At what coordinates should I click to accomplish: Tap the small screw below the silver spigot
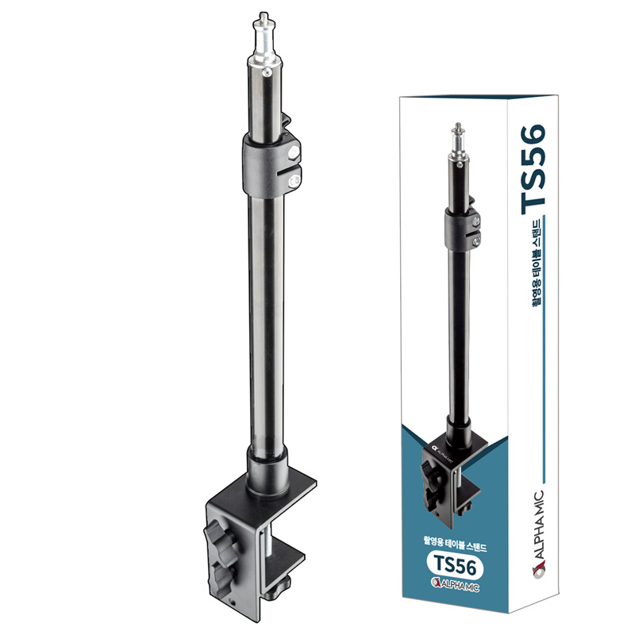(x=267, y=72)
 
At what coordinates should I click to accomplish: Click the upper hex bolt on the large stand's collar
(x=292, y=152)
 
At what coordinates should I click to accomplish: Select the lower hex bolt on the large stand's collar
(x=294, y=182)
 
